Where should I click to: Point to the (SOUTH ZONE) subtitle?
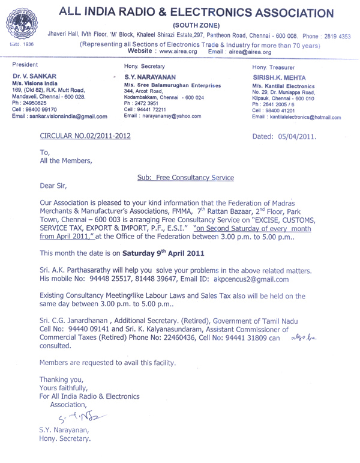[x=196, y=26]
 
